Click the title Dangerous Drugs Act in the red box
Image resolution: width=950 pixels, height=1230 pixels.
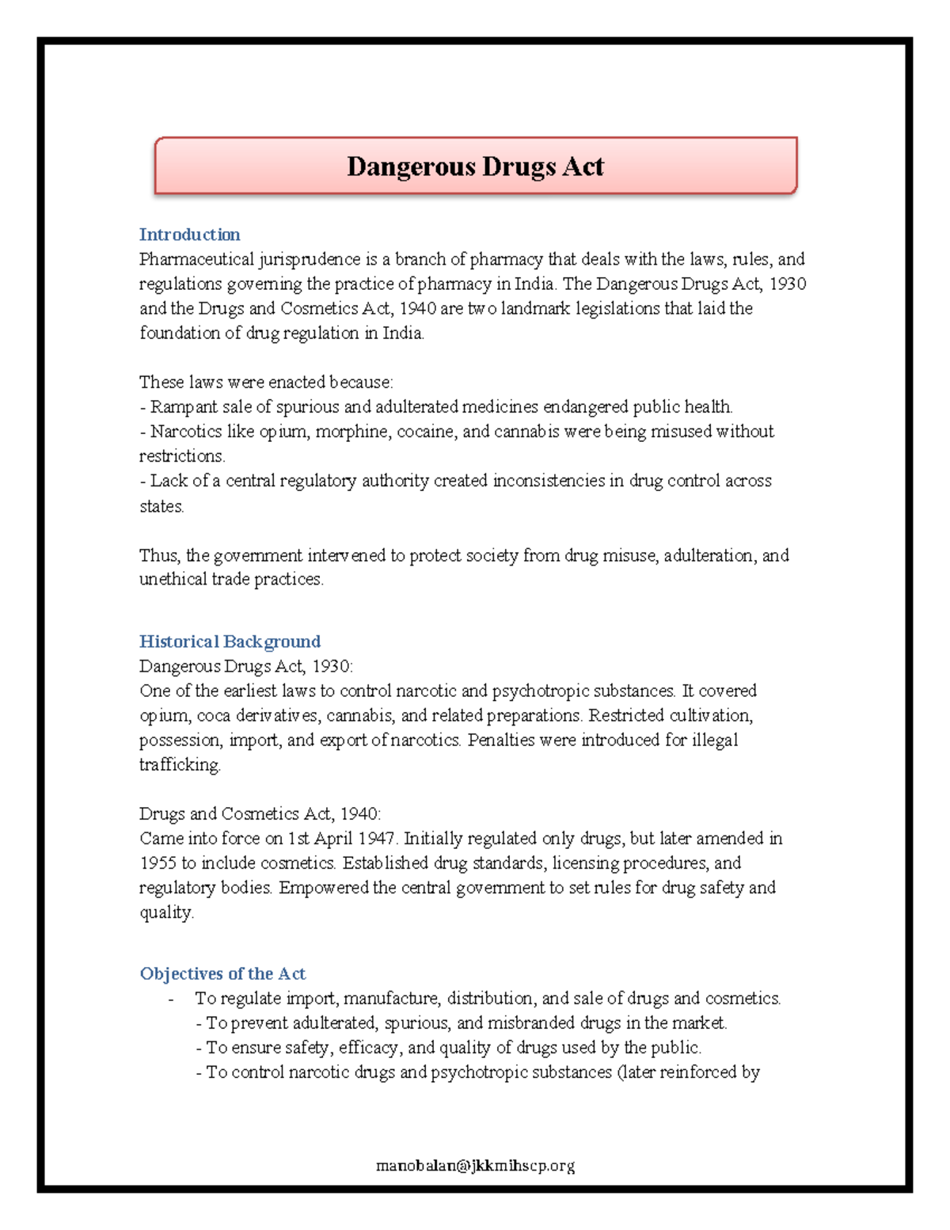tap(475, 166)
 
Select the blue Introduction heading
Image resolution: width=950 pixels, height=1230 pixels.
tap(189, 234)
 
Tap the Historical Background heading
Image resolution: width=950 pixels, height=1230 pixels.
tap(230, 642)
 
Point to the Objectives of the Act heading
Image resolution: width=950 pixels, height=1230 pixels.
tap(222, 973)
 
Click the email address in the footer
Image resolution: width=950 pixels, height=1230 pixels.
tap(475, 1165)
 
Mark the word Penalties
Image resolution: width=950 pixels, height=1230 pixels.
tap(501, 740)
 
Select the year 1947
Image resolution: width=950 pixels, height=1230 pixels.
tap(376, 839)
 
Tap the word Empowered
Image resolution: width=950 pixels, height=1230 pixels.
tap(324, 888)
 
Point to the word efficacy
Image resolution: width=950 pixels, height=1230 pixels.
tap(370, 1048)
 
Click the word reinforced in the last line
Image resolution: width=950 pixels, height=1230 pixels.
tap(697, 1072)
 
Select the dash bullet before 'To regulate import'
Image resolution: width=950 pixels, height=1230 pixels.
tap(171, 999)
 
